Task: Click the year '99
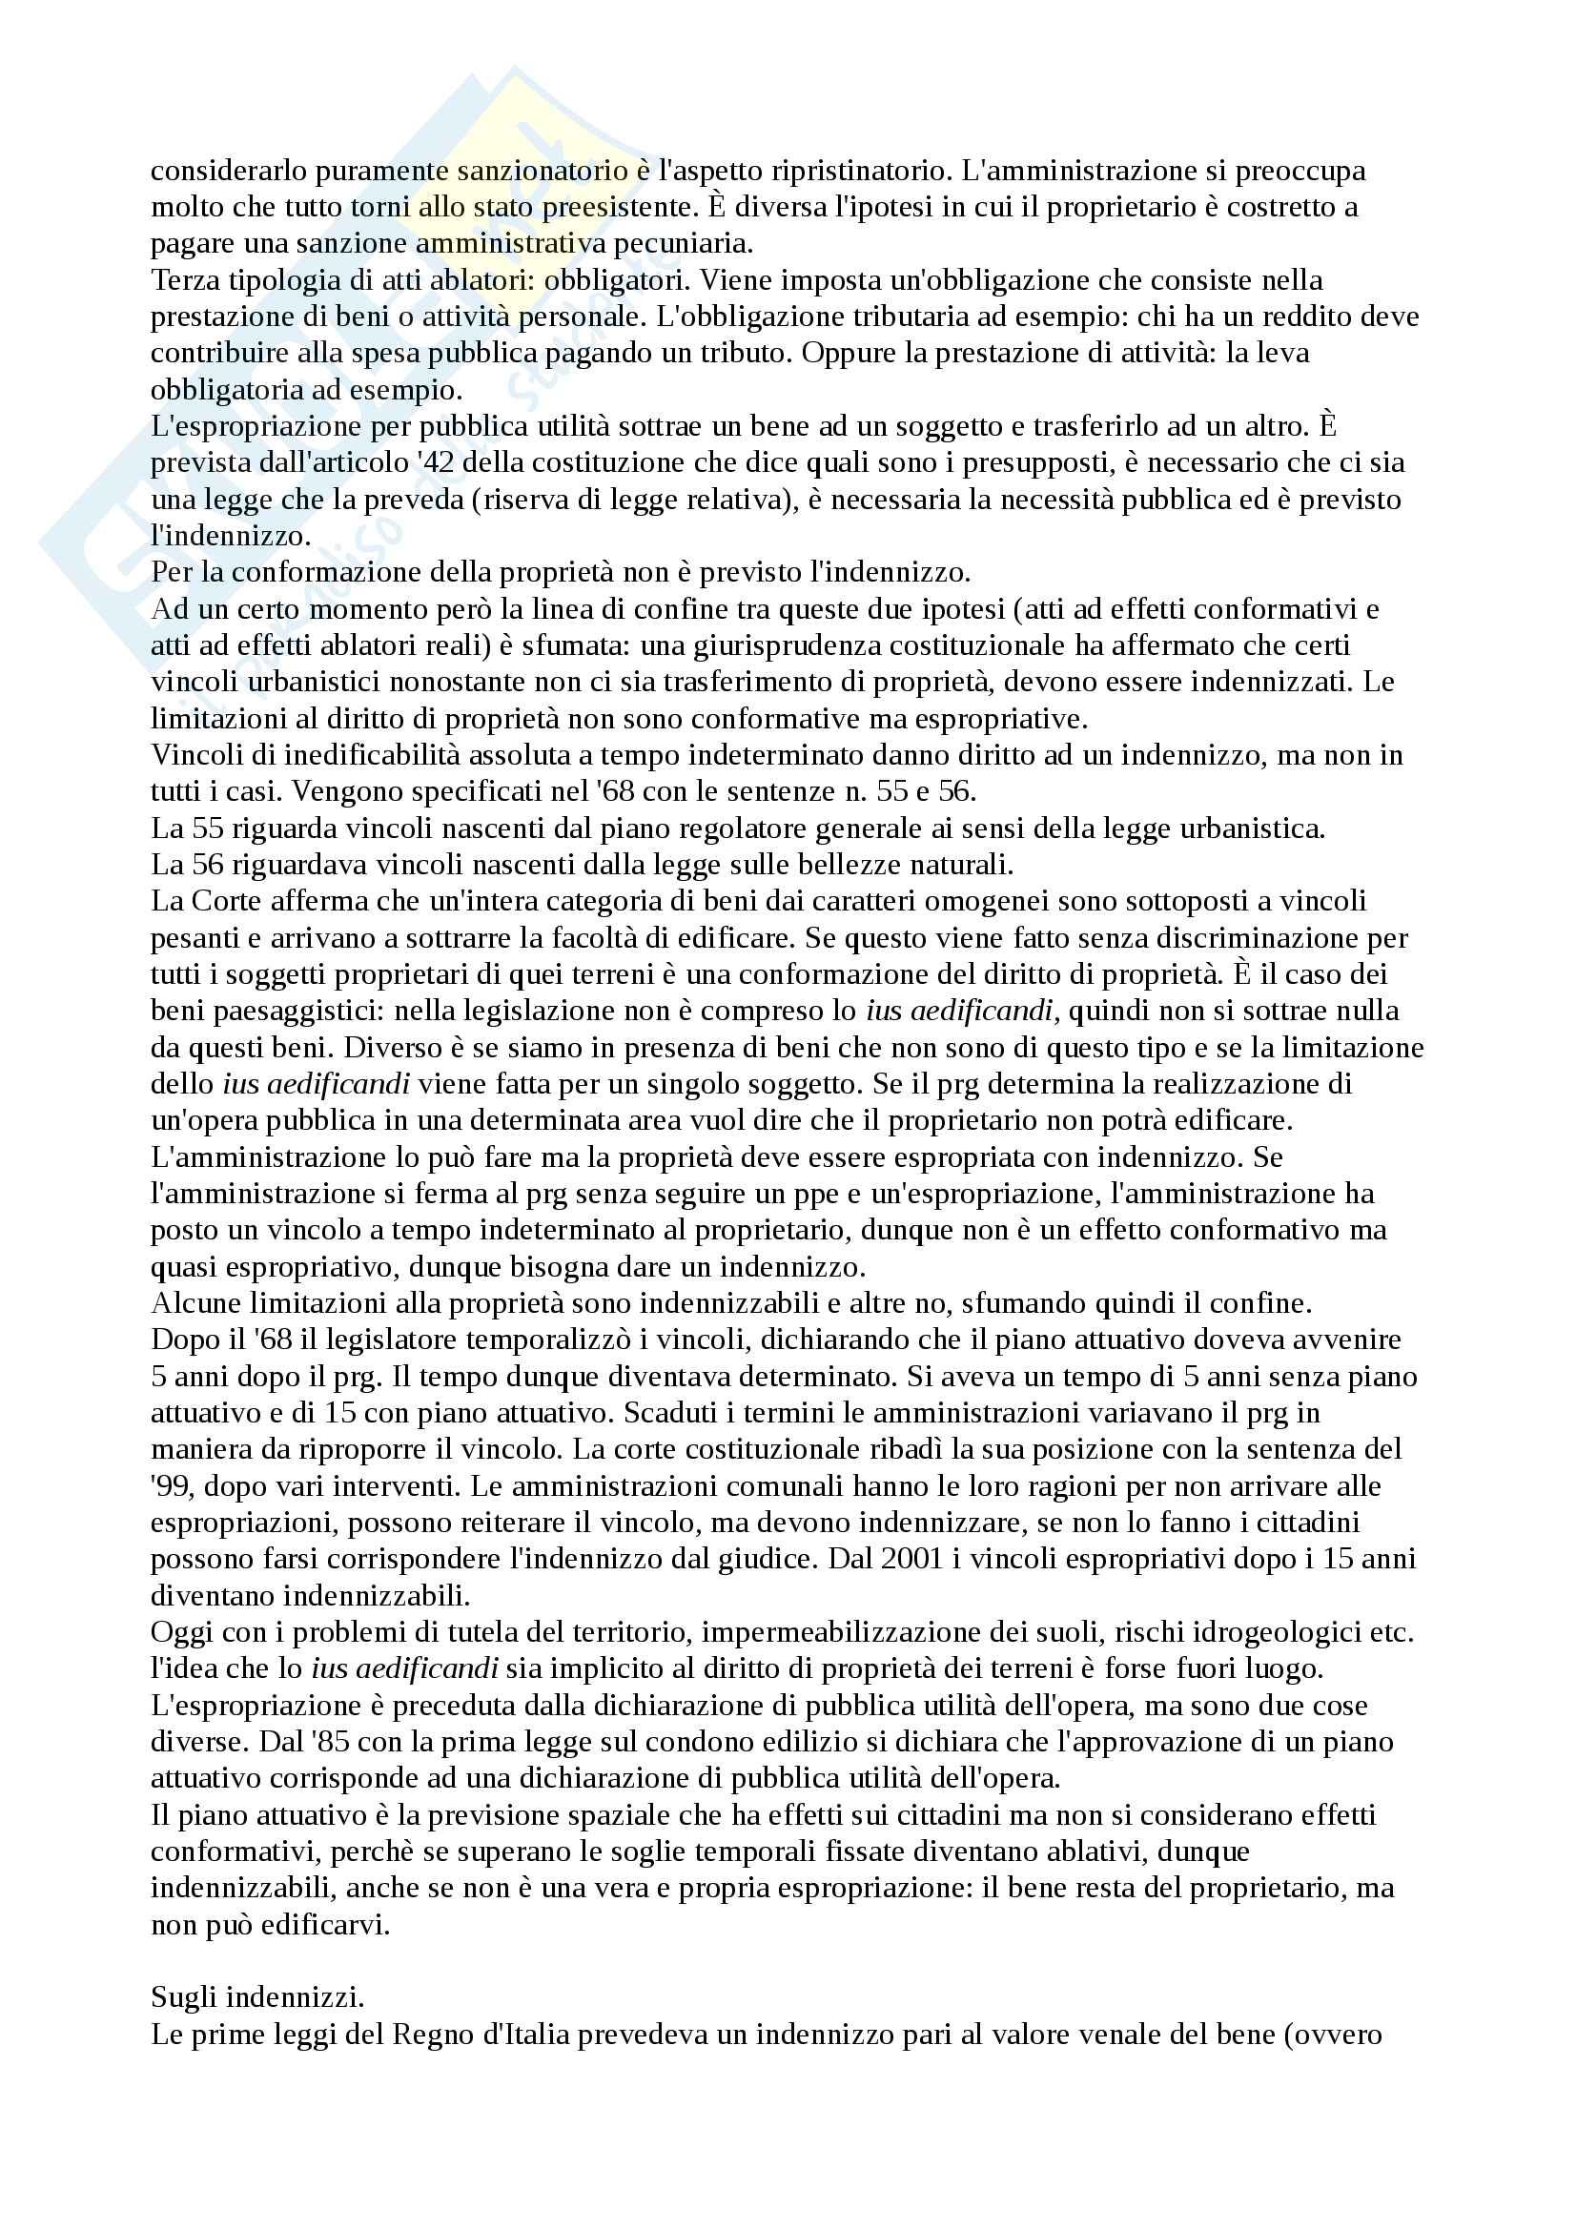tap(171, 1487)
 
